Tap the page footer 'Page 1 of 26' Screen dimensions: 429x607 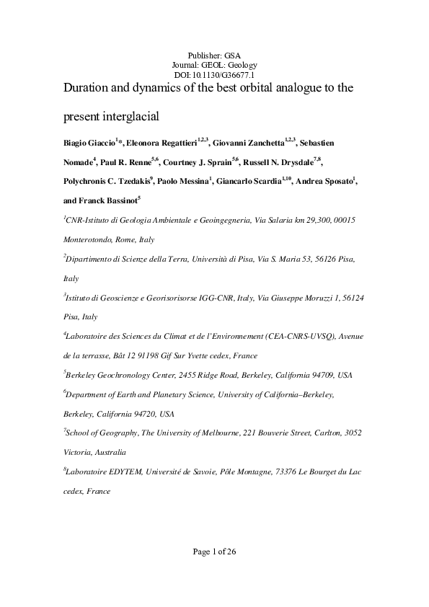214,552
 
